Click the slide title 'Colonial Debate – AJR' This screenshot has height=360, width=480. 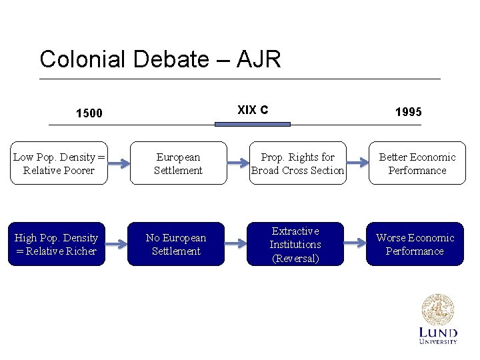tap(160, 59)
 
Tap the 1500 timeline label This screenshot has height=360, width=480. tap(89, 113)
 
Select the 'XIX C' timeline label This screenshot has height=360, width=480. tap(253, 110)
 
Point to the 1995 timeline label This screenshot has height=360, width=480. tap(408, 112)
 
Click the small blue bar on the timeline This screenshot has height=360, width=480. tap(253, 124)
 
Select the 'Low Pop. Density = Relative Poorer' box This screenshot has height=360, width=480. tap(59, 163)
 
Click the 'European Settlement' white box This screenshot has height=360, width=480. tap(178, 163)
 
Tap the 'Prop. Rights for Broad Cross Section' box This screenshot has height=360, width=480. tap(297, 163)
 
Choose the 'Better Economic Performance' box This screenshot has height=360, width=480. tap(417, 163)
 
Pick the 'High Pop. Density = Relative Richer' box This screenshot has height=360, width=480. tap(57, 244)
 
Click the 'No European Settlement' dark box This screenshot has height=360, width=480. tap(176, 244)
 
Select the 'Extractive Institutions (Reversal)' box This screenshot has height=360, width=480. tap(295, 244)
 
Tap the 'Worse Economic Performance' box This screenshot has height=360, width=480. tap(415, 244)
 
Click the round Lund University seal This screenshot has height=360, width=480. tap(438, 310)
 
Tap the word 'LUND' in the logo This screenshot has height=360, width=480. tap(438, 333)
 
